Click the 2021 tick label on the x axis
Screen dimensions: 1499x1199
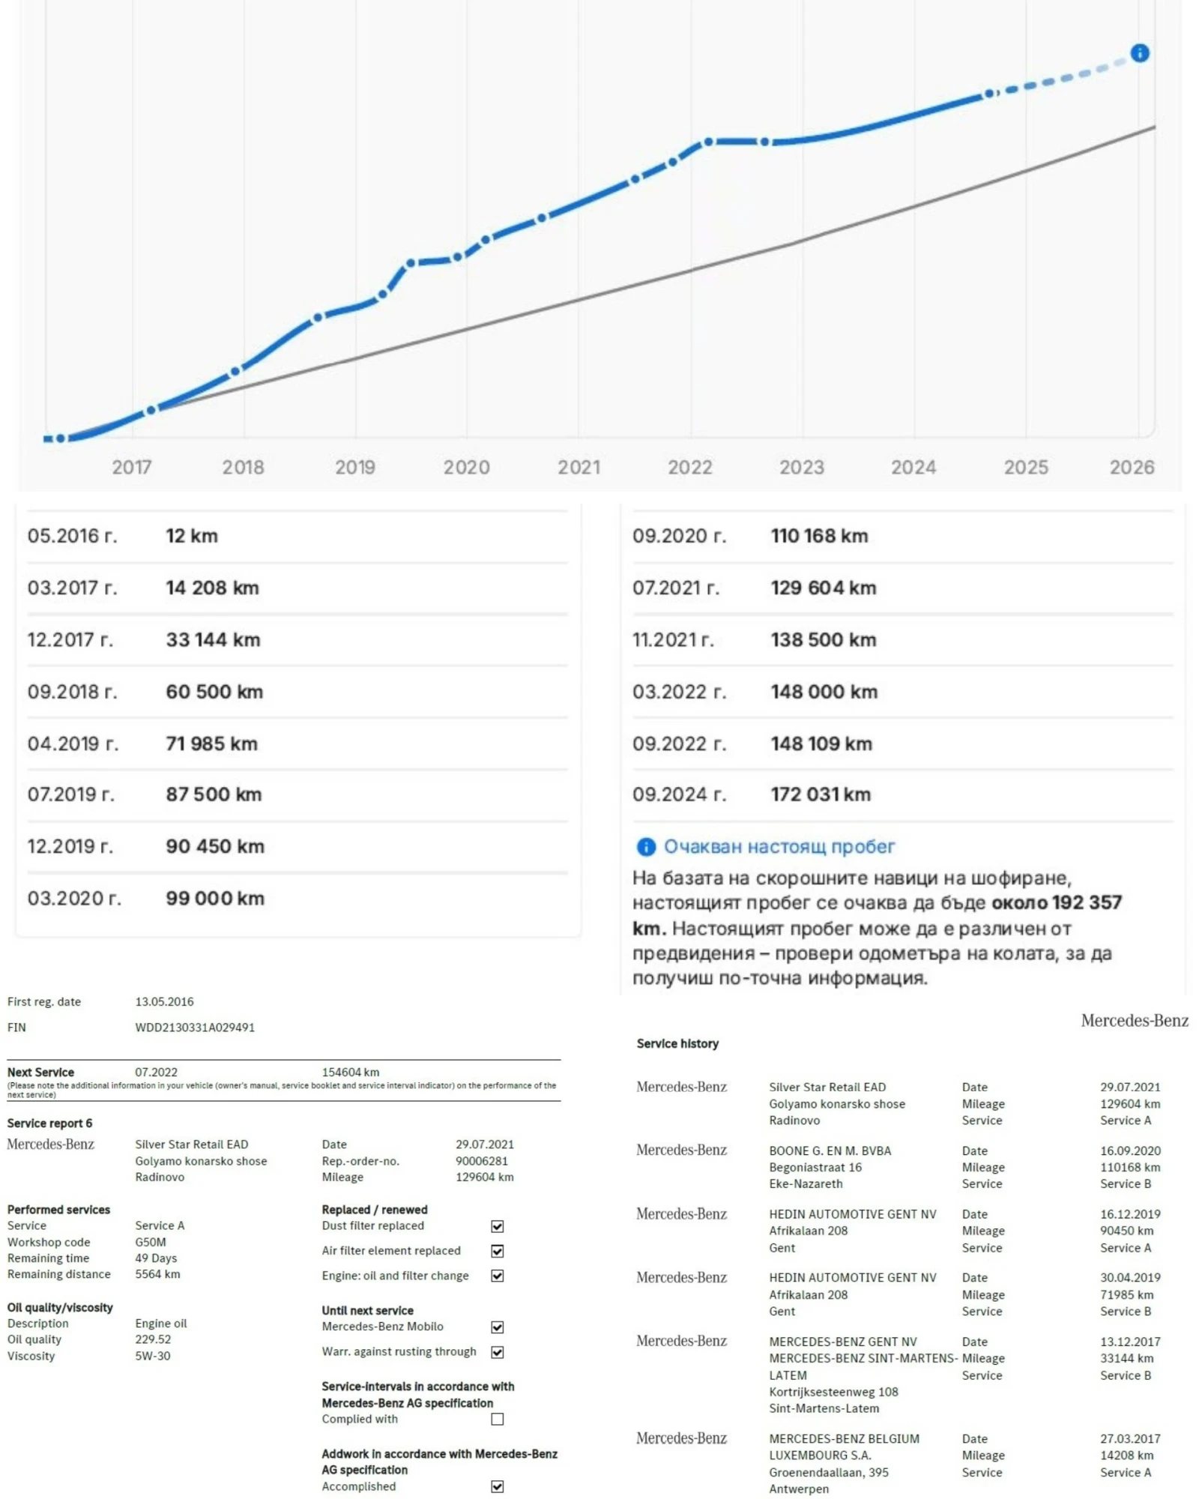[579, 468]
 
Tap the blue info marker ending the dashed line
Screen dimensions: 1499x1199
[1140, 53]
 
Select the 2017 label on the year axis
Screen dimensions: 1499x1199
[132, 468]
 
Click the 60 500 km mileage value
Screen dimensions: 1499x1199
[214, 692]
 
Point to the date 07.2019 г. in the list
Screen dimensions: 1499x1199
[71, 794]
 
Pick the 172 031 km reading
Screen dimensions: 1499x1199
[821, 794]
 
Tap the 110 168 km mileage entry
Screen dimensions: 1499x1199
[819, 536]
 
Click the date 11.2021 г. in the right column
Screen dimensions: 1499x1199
[673, 640]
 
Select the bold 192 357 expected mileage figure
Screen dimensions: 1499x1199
[1087, 902]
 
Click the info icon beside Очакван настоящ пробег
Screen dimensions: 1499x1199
[645, 847]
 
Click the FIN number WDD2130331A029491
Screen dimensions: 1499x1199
[195, 1028]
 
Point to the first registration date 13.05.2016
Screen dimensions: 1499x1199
[164, 1002]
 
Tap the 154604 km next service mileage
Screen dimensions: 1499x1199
[350, 1073]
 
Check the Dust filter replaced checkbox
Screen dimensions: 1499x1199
[498, 1226]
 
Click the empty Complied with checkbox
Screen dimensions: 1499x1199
[498, 1420]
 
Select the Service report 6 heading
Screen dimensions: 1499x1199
[49, 1124]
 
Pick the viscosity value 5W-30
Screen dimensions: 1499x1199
[153, 1356]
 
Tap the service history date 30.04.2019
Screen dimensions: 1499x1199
[1130, 1278]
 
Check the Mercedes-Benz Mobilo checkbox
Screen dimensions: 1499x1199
[498, 1327]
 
